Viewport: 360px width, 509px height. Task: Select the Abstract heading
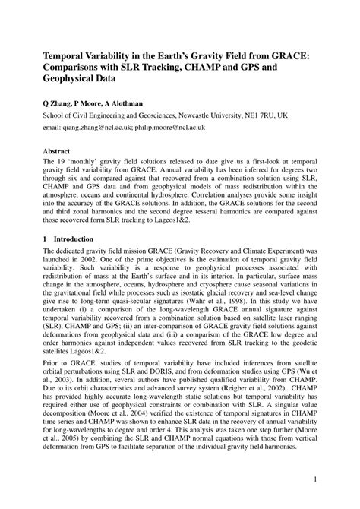(58, 151)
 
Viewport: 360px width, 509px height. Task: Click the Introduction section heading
(79, 238)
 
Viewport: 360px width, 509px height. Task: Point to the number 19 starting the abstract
(62, 163)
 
